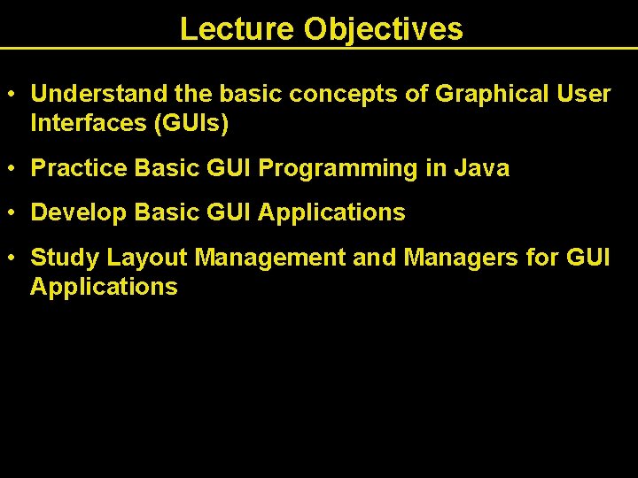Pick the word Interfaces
click(88, 124)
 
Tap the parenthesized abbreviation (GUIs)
click(191, 124)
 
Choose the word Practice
click(79, 168)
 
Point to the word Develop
click(78, 212)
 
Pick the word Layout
click(147, 258)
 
